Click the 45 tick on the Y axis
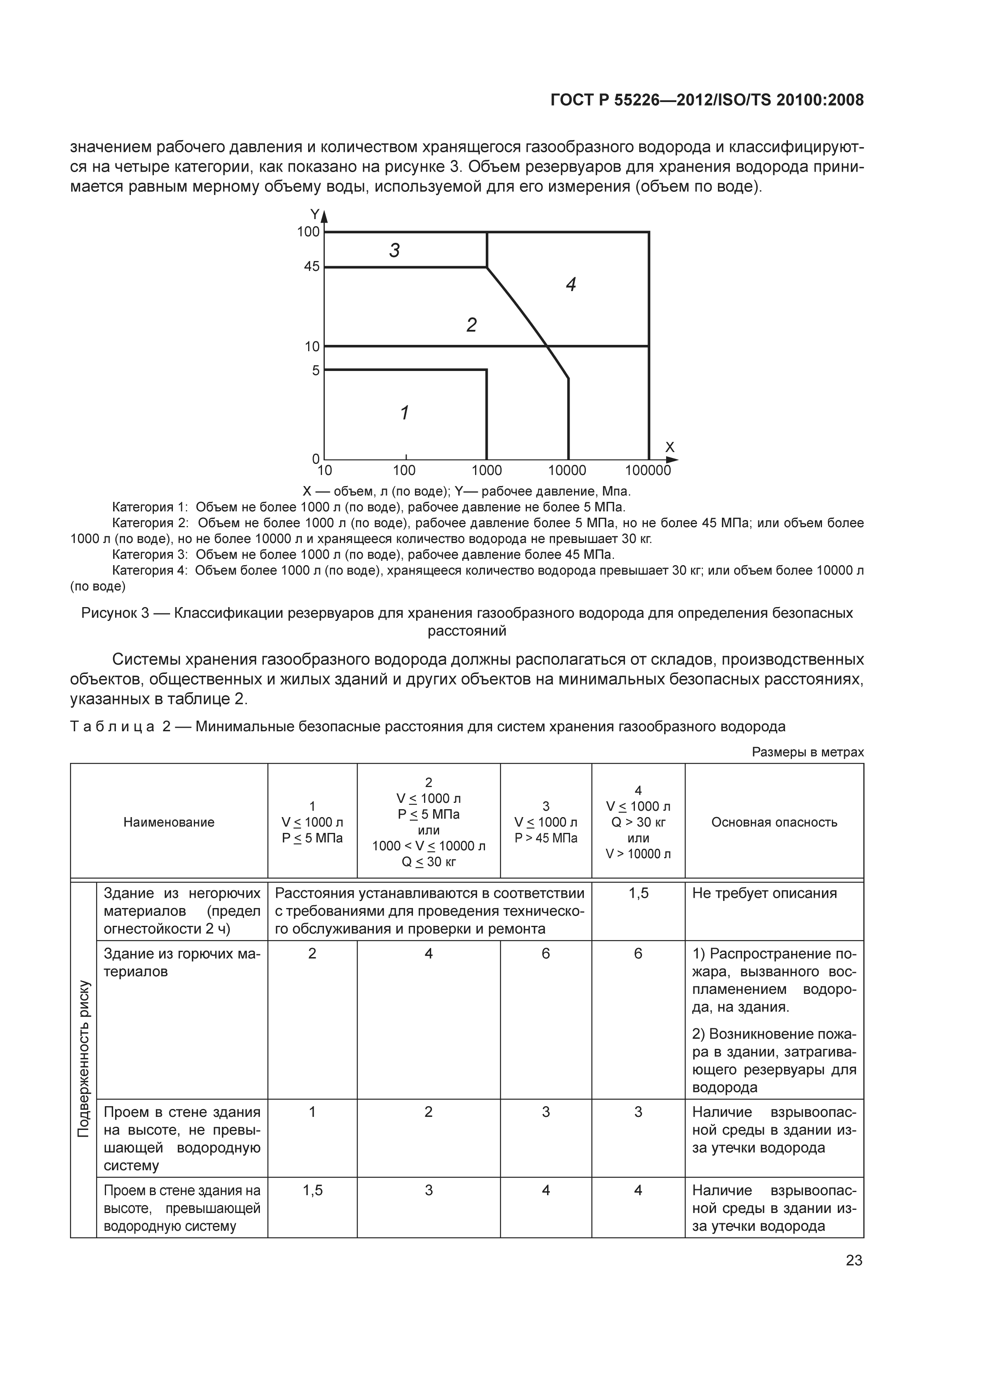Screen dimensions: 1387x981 (312, 267)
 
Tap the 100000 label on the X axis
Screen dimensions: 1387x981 (648, 470)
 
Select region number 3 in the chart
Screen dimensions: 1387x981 (394, 250)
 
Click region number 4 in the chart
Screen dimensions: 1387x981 (571, 284)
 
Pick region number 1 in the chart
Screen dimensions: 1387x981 (405, 413)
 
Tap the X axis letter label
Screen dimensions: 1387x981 (669, 447)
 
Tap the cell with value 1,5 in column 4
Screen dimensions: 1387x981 (638, 893)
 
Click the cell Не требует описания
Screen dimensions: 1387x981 (764, 893)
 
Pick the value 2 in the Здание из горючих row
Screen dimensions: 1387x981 (312, 953)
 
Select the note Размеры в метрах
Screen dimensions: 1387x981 (808, 752)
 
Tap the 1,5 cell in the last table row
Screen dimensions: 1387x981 (312, 1190)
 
